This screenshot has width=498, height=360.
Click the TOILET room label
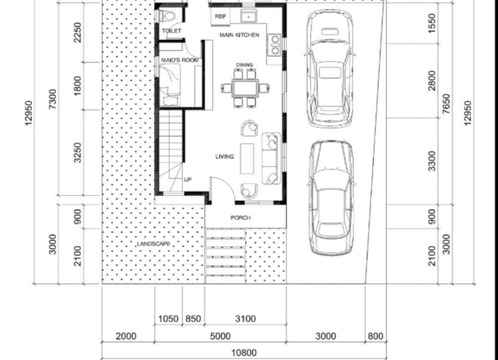(x=172, y=31)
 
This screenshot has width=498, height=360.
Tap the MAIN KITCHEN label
(x=239, y=35)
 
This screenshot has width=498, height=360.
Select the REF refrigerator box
(x=220, y=17)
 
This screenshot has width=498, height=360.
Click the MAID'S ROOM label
(x=180, y=60)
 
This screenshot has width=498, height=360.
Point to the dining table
(x=245, y=88)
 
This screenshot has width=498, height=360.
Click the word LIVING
(x=225, y=157)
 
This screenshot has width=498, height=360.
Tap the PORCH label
(x=241, y=218)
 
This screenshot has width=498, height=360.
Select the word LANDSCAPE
(x=153, y=244)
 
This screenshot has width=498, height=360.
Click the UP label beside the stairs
(x=188, y=179)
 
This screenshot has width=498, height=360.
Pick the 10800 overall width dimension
(x=244, y=353)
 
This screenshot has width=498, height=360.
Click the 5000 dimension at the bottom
(x=220, y=336)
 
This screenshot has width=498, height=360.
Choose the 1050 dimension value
(x=168, y=318)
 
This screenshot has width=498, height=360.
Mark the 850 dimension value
(x=193, y=318)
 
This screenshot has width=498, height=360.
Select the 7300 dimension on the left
(x=53, y=99)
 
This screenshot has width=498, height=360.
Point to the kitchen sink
(x=249, y=16)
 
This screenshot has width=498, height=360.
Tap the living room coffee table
(x=247, y=159)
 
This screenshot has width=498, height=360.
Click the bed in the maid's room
(x=170, y=80)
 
